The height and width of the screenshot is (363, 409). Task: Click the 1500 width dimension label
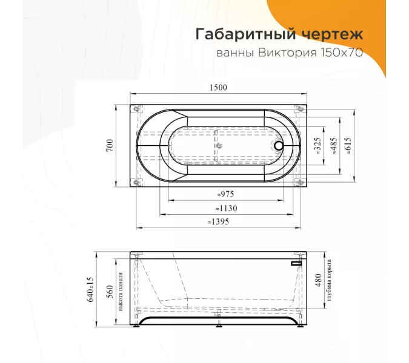(x=218, y=88)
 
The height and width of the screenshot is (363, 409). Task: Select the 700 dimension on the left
(x=110, y=146)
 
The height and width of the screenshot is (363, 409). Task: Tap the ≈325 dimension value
(x=318, y=146)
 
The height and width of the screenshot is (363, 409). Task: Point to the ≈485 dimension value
(x=334, y=146)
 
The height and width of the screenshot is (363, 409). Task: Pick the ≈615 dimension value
(x=348, y=146)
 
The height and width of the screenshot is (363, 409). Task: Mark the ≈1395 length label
(x=218, y=222)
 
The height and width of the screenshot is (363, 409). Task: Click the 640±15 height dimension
(x=91, y=290)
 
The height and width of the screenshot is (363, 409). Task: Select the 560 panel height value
(x=110, y=290)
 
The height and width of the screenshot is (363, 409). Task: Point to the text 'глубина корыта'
(x=329, y=283)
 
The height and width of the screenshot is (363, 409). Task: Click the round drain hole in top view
(x=279, y=145)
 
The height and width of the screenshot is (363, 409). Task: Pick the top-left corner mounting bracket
(x=135, y=109)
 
